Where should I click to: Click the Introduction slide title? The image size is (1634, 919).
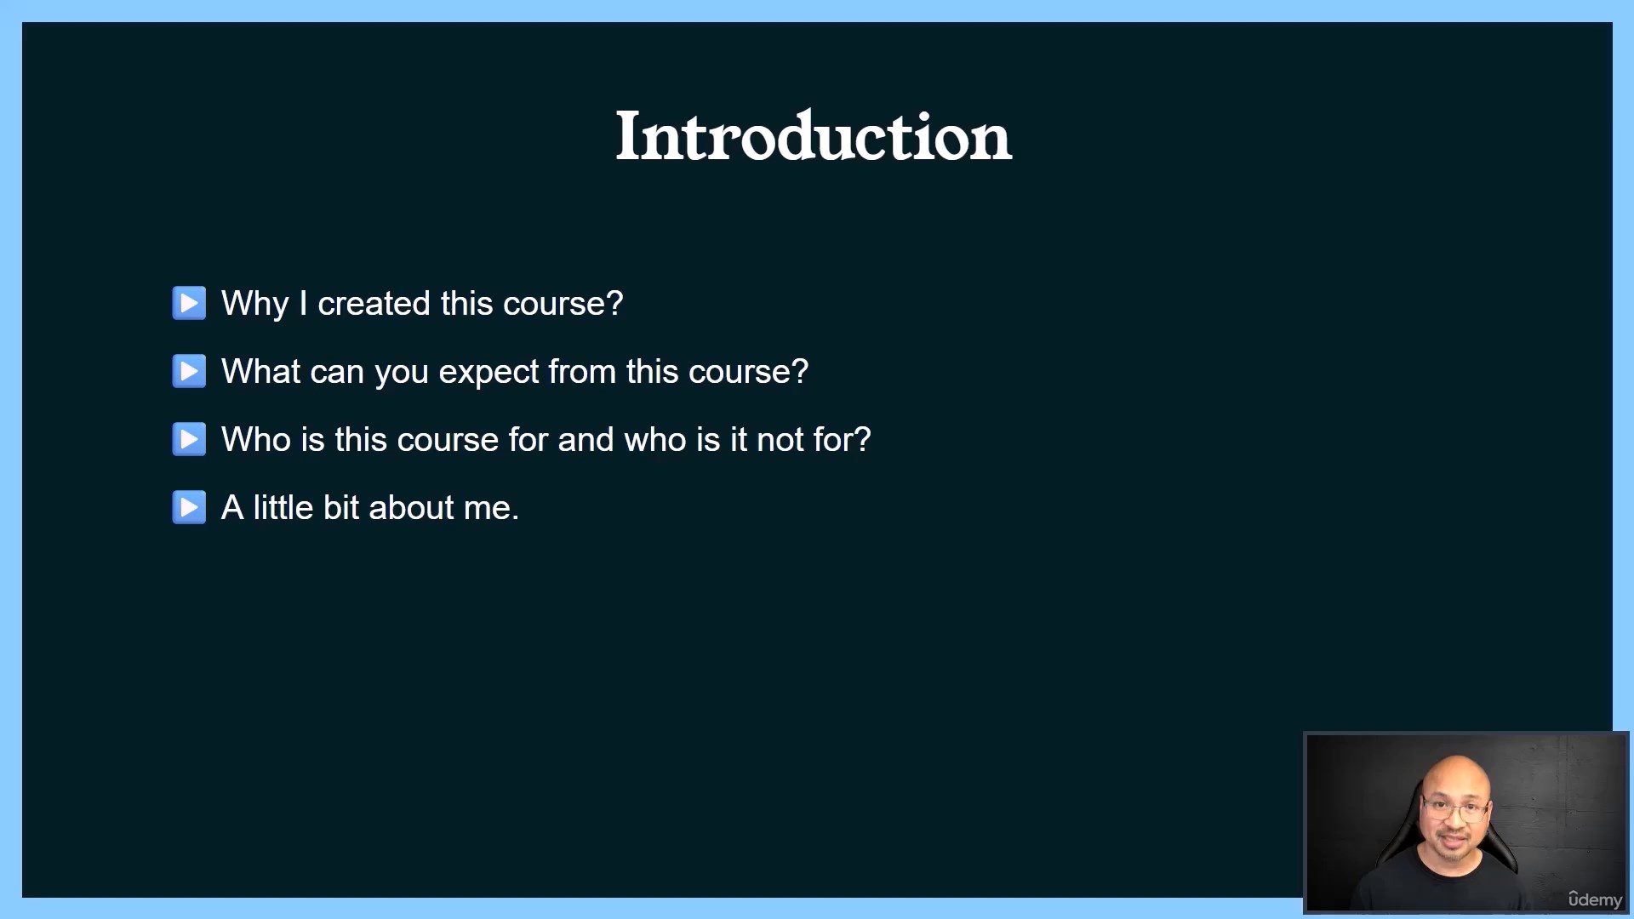pos(814,136)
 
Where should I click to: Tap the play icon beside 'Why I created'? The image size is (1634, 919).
pos(189,303)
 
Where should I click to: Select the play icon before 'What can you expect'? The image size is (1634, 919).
pos(189,371)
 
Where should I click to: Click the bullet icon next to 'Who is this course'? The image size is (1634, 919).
pos(189,439)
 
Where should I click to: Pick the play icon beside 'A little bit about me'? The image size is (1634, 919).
pos(189,507)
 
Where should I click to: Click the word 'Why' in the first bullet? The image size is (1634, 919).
pos(255,305)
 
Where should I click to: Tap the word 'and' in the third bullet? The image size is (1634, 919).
pos(586,439)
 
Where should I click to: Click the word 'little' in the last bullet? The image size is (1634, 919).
pos(283,507)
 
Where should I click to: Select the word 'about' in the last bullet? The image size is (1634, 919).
pos(412,507)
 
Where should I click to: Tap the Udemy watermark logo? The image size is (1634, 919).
pos(1595,899)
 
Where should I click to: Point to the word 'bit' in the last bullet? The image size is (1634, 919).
pos(341,507)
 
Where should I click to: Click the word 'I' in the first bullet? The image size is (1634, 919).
pos(303,303)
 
